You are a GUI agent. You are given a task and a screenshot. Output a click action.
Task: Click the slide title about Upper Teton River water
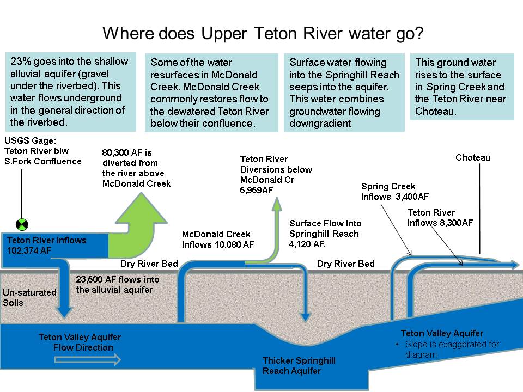(x=263, y=33)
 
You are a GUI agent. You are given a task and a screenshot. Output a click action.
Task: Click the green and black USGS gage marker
(x=22, y=224)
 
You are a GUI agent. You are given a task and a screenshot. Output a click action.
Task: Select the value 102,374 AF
(x=29, y=250)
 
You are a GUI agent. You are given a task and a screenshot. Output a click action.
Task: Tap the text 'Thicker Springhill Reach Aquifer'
(x=299, y=365)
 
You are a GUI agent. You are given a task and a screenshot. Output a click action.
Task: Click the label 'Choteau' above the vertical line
(x=473, y=158)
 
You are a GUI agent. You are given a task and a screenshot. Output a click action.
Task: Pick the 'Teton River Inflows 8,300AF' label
(x=440, y=217)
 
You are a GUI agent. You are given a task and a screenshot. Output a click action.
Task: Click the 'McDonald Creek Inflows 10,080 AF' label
(x=217, y=240)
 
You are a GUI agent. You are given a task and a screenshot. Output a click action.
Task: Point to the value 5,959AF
(x=257, y=190)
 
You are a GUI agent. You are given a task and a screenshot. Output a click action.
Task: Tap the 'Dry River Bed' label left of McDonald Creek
(x=149, y=264)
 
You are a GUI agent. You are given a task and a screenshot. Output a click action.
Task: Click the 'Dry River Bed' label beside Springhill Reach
(x=345, y=264)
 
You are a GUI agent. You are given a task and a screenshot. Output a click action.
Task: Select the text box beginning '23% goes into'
(x=70, y=91)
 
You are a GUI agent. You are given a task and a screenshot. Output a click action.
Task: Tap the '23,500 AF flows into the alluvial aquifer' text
(x=118, y=284)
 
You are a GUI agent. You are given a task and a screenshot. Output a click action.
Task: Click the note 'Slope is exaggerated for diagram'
(x=452, y=349)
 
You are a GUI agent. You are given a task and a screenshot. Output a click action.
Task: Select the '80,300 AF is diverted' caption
(x=136, y=168)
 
